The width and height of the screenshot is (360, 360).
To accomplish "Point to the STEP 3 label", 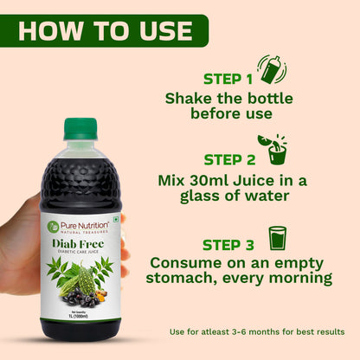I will tap(228, 243).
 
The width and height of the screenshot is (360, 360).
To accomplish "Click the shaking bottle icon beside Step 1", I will tap(272, 69).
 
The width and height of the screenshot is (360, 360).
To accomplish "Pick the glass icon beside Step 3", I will tap(277, 238).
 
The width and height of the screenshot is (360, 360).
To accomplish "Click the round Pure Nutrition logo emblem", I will tap(54, 226).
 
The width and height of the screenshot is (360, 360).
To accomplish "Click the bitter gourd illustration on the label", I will tap(86, 280).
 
